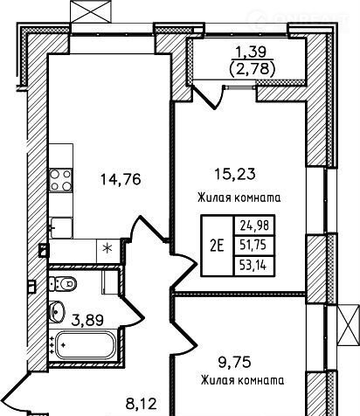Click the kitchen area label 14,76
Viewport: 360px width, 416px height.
pyautogui.click(x=121, y=179)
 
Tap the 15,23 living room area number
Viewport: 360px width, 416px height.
pyautogui.click(x=235, y=174)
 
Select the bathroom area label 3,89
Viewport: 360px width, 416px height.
pyautogui.click(x=87, y=321)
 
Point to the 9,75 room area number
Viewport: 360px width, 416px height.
pyautogui.click(x=234, y=363)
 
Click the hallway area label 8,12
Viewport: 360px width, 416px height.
pyautogui.click(x=142, y=404)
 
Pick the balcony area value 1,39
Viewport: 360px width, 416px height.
pyautogui.click(x=251, y=52)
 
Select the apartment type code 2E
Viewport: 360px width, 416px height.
pyautogui.click(x=217, y=246)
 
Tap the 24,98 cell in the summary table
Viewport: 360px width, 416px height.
pyautogui.click(x=253, y=225)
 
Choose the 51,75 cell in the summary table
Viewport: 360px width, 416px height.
pyautogui.click(x=253, y=246)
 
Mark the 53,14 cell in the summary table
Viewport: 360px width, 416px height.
pyautogui.click(x=253, y=266)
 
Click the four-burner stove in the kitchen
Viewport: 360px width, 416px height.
pyautogui.click(x=60, y=180)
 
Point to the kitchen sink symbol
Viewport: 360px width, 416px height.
pyautogui.click(x=60, y=227)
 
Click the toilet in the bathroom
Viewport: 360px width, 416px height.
pyautogui.click(x=63, y=283)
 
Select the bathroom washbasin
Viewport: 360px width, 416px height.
pyautogui.click(x=57, y=312)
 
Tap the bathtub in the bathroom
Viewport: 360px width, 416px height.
pyautogui.click(x=84, y=345)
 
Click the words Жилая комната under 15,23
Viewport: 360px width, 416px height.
pyautogui.click(x=239, y=198)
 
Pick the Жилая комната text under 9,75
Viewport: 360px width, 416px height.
pyautogui.click(x=242, y=380)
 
